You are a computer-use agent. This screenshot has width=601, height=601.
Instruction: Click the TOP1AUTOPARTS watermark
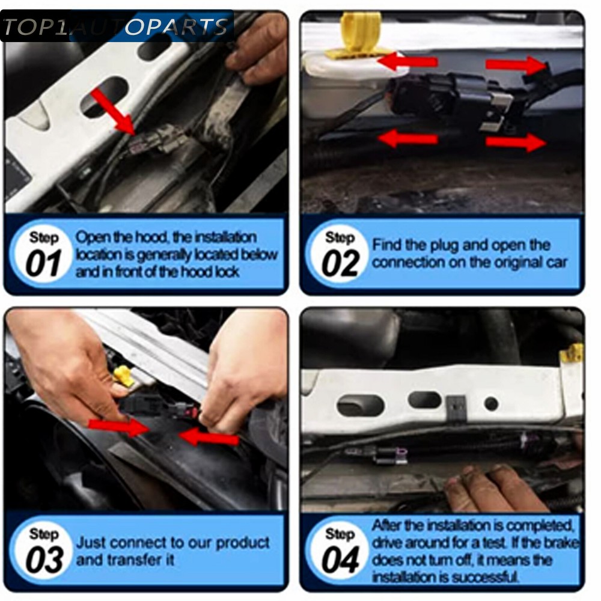pos(117,26)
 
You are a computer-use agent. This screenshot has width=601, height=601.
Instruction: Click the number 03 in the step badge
pos(44,560)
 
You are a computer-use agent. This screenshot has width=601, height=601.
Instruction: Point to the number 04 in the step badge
pos(340,560)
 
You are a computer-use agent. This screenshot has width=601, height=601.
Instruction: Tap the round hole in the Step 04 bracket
pos(491,404)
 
